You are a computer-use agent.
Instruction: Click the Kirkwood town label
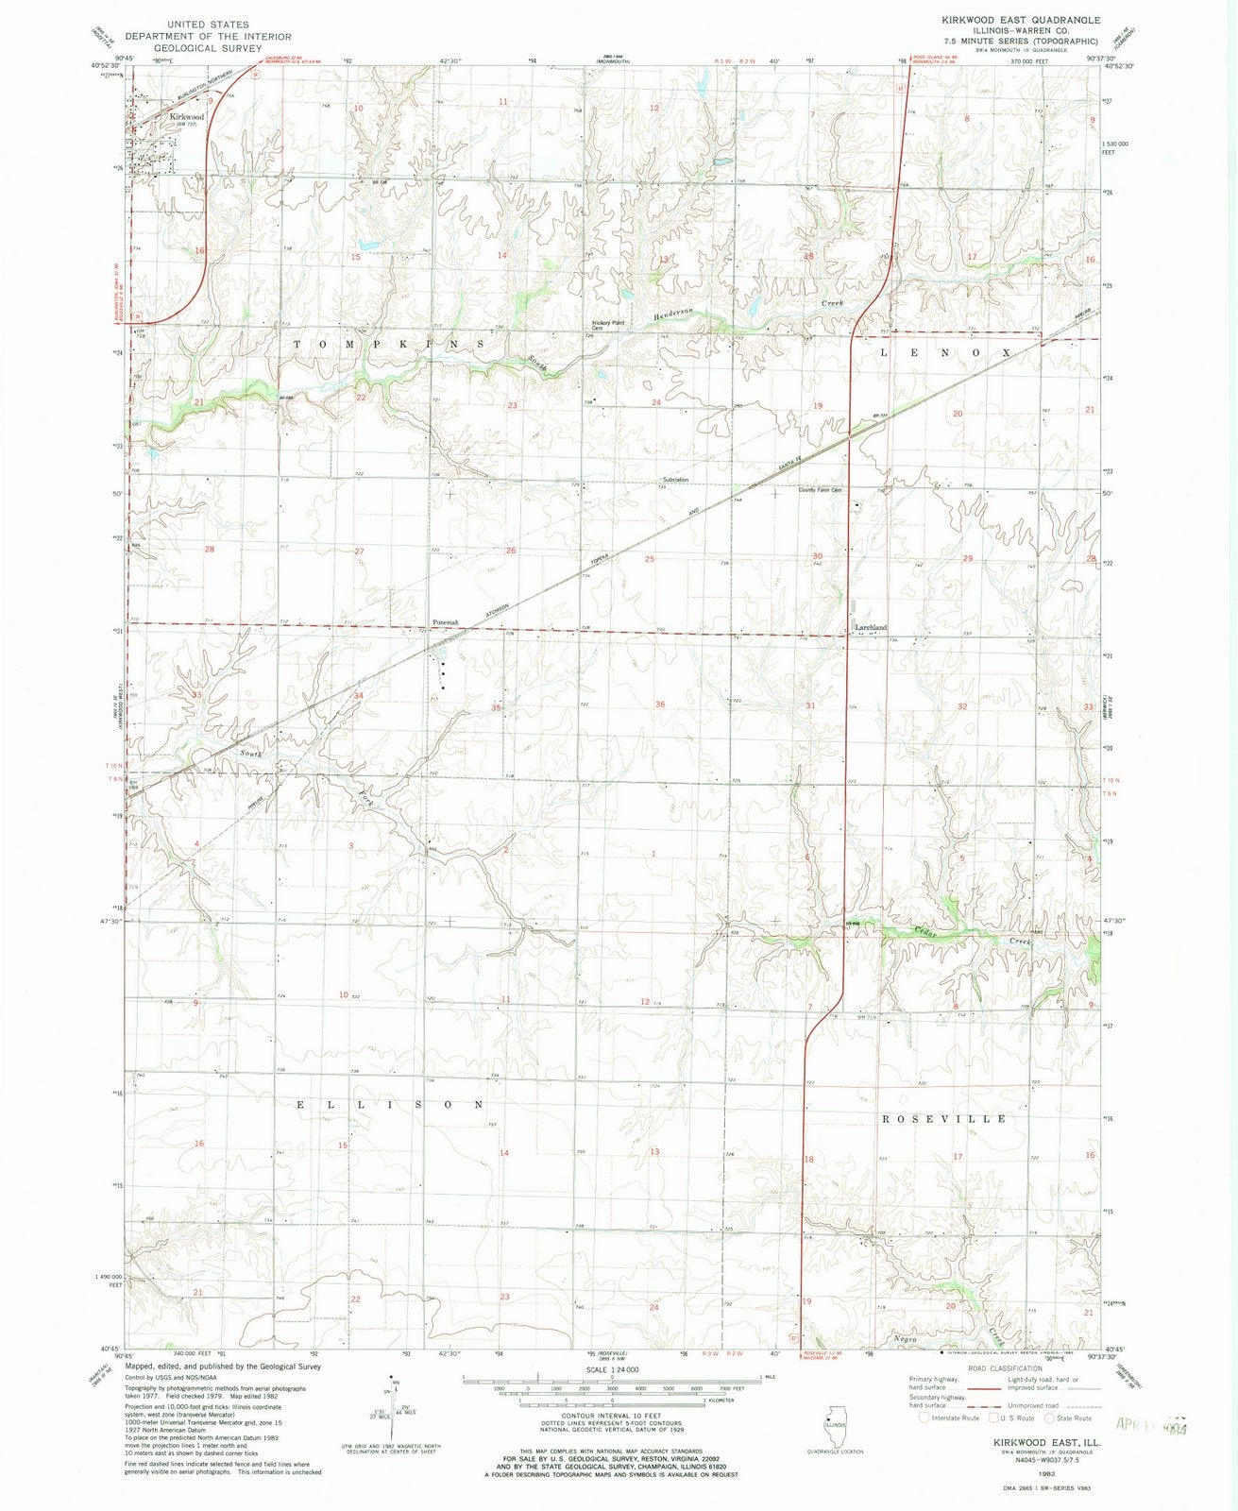[187, 116]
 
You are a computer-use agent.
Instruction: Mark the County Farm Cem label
[820, 490]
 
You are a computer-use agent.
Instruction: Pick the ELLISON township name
[391, 1104]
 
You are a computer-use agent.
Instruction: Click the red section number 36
[660, 705]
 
